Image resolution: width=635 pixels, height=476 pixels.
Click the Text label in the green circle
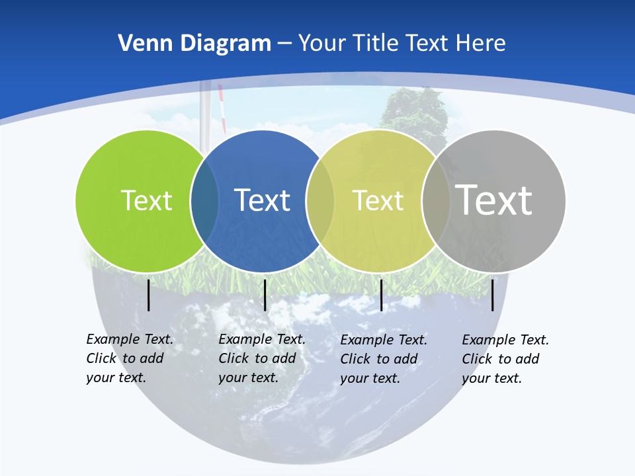[x=146, y=200]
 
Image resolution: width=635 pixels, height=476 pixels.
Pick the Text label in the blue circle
[x=262, y=200]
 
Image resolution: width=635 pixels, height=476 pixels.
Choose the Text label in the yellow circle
[x=378, y=200]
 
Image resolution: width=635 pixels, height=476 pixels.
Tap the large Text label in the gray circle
[x=493, y=200]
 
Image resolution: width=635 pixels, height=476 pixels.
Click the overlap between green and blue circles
[x=204, y=201]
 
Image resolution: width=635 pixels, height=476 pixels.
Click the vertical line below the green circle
[x=148, y=295]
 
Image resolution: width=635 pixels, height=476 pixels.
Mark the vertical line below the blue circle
[x=265, y=295]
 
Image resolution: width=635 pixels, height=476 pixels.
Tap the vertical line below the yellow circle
[x=381, y=295]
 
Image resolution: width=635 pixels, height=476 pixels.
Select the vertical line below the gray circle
[x=492, y=295]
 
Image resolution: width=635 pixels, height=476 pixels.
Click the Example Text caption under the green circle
[x=129, y=358]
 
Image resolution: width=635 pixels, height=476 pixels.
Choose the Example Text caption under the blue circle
[x=261, y=358]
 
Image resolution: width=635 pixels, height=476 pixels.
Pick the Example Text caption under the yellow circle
[x=383, y=359]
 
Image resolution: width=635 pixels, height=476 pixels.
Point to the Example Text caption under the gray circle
[x=505, y=359]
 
